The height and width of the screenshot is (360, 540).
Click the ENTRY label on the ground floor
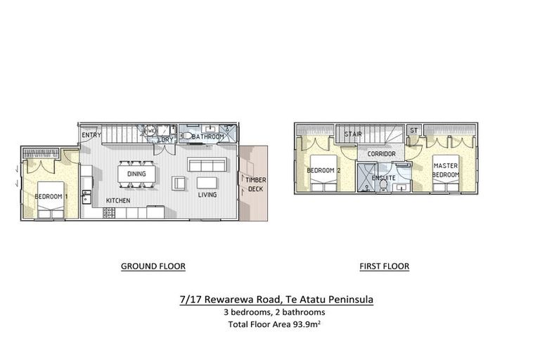tap(91, 135)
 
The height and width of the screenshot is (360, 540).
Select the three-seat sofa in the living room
tap(207, 165)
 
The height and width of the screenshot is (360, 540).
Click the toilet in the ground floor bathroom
tap(187, 136)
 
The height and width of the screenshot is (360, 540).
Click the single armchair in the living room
tap(180, 183)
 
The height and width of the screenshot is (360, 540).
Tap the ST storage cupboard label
tap(413, 131)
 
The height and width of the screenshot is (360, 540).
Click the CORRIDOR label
tap(381, 153)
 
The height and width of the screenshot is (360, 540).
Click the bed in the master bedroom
tap(445, 172)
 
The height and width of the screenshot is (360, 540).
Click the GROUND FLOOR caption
tap(153, 266)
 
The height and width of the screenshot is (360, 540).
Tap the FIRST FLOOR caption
tap(385, 266)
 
